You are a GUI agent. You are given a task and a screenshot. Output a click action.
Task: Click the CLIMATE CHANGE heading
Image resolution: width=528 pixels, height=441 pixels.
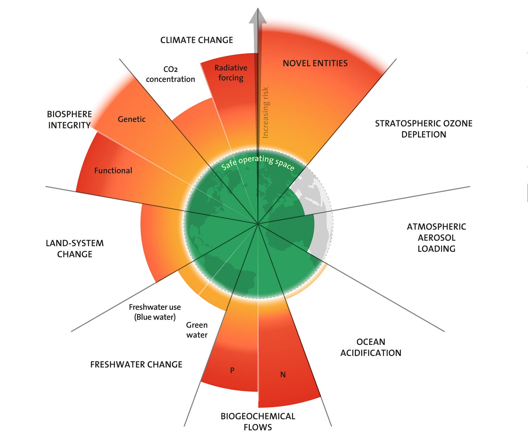click(197, 40)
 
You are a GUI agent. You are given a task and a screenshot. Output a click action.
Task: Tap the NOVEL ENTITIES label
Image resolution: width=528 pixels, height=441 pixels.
click(315, 63)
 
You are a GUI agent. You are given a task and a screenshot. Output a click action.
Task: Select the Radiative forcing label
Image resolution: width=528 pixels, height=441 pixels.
click(231, 73)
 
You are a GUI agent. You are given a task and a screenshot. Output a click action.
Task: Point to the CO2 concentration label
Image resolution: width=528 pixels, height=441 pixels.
click(170, 74)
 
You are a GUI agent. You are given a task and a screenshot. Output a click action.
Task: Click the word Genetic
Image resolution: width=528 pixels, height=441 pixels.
click(132, 119)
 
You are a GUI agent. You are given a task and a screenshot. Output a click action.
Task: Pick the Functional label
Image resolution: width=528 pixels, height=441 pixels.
click(113, 171)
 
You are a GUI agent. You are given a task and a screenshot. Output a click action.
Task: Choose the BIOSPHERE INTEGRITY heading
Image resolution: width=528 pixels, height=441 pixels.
click(69, 120)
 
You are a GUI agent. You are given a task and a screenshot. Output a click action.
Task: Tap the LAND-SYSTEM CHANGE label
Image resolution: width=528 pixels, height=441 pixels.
click(75, 249)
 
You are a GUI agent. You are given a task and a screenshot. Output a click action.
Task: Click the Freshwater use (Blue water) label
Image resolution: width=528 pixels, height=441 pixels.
click(155, 312)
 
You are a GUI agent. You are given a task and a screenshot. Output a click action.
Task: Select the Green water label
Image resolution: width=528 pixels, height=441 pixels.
click(197, 330)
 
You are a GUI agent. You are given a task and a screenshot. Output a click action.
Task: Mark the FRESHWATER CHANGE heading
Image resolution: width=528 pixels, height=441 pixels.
click(136, 365)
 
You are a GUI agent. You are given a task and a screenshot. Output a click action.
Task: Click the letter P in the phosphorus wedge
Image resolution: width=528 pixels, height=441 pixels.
click(232, 370)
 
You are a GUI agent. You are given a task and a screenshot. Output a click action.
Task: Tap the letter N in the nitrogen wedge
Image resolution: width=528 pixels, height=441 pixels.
click(283, 375)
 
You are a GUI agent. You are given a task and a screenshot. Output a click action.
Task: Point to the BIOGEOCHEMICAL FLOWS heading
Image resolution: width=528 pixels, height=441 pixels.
click(258, 421)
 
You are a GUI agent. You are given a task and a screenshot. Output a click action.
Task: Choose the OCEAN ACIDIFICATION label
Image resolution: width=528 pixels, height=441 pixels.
click(371, 348)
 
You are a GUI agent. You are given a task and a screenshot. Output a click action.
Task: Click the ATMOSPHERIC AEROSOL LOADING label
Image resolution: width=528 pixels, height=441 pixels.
click(436, 238)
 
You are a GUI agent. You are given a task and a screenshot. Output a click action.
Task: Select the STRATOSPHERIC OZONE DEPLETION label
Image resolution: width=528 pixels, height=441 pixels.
click(424, 129)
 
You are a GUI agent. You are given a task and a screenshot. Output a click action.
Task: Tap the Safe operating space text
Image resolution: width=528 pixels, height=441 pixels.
click(258, 162)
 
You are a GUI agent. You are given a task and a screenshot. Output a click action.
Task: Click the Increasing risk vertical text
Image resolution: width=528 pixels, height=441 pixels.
click(265, 112)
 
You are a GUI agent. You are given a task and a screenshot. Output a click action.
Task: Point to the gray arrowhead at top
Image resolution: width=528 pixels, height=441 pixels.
click(258, 17)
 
